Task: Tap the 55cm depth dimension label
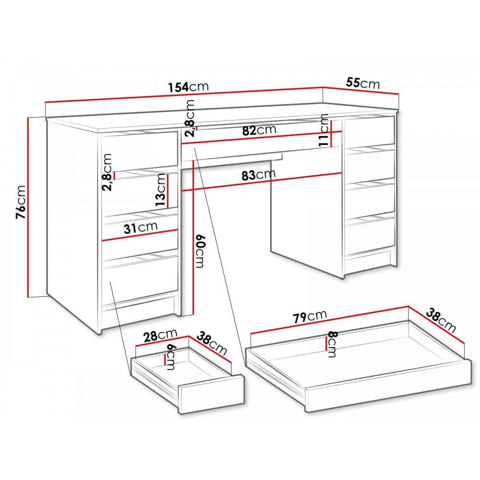[363, 83]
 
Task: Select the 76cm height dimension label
[21, 202]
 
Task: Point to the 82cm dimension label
[259, 130]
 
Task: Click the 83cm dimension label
[258, 175]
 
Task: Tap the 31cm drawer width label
[141, 228]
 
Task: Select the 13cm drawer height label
[161, 190]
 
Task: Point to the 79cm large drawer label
[310, 317]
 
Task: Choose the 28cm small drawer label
[160, 335]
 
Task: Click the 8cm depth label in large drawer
[332, 344]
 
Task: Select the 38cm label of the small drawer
[212, 344]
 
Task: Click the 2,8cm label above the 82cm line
[191, 118]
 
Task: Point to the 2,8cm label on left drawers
[108, 172]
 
